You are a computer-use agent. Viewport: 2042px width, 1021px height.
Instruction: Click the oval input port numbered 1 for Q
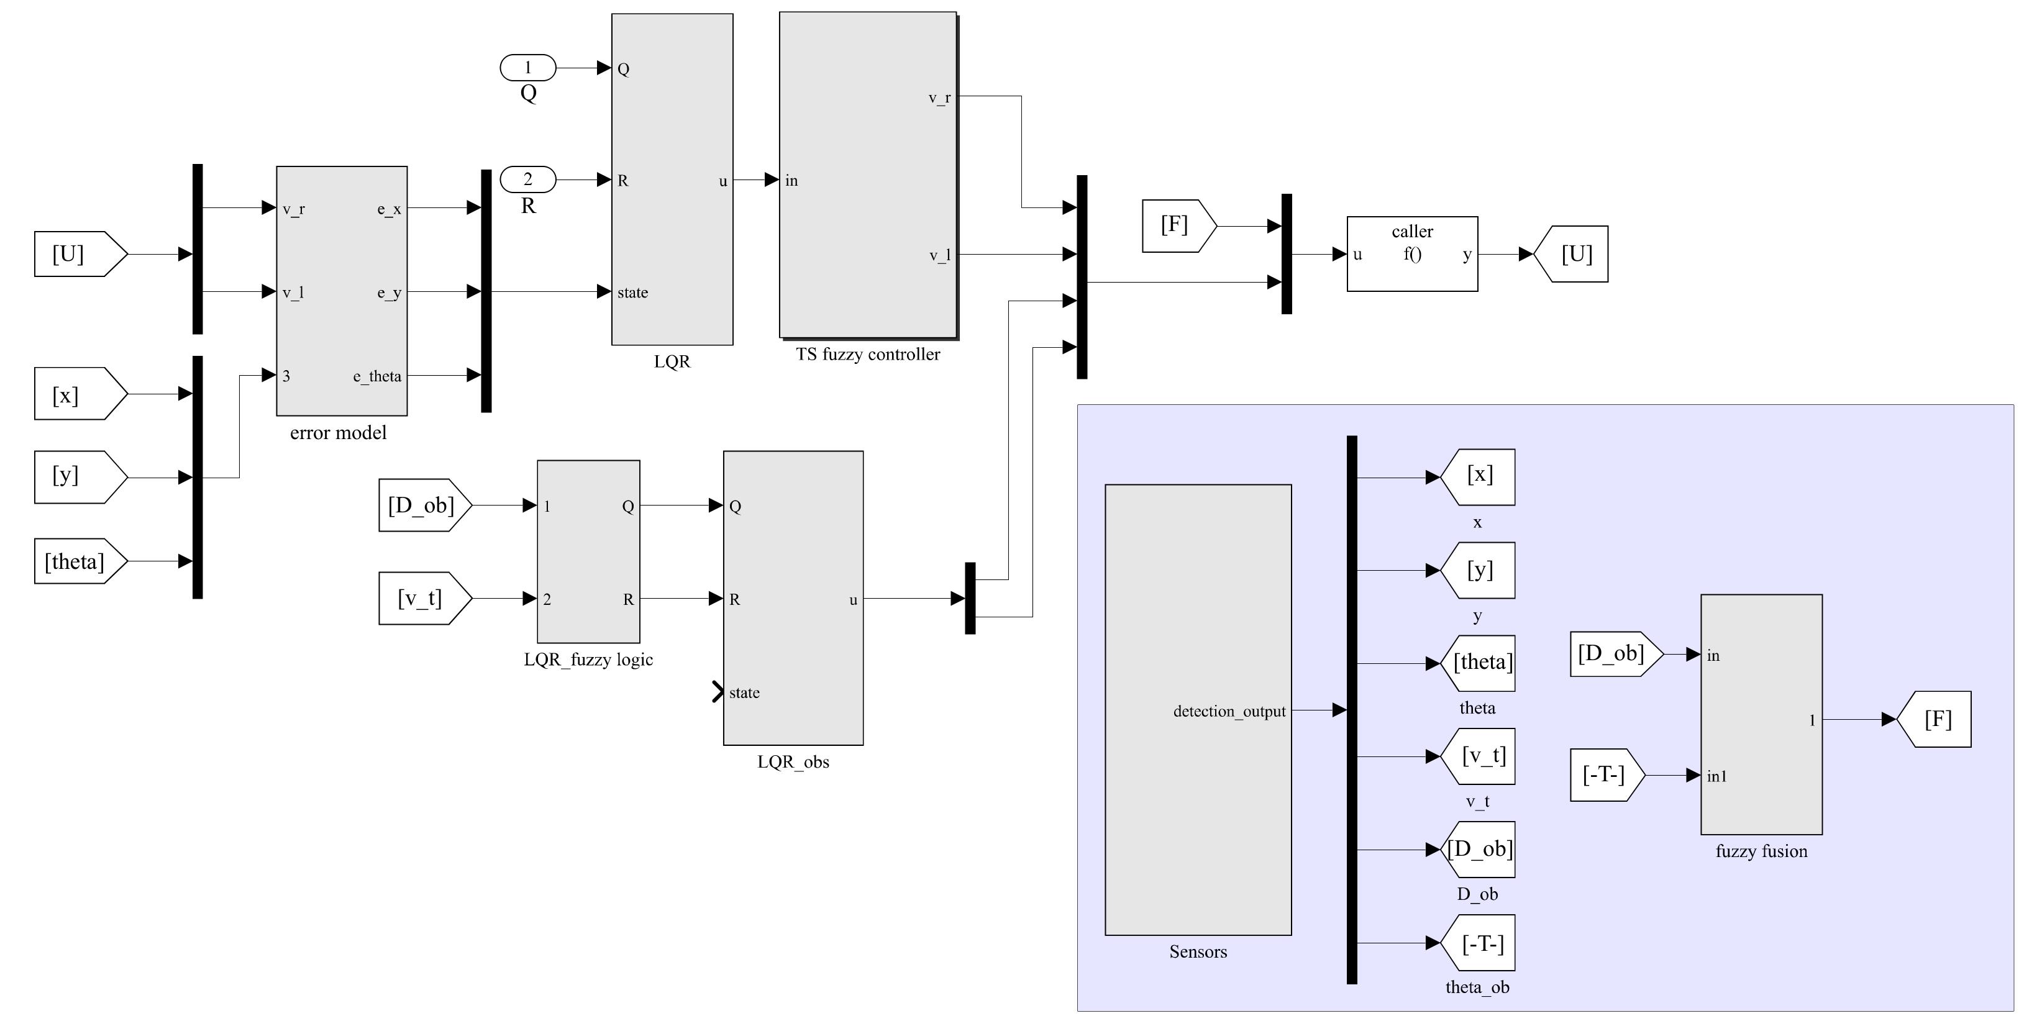click(528, 68)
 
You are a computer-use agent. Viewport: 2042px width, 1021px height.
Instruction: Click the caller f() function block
click(1412, 253)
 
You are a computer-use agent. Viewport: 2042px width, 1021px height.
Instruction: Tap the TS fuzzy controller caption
click(868, 355)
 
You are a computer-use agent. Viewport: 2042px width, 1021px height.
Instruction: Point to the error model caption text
click(339, 433)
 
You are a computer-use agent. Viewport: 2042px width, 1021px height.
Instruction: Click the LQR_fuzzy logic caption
click(588, 660)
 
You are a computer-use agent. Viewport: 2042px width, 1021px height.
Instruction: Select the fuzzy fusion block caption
click(1761, 851)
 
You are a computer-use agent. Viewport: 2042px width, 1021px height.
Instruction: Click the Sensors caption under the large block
click(1198, 952)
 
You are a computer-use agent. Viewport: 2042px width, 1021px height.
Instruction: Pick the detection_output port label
click(1229, 711)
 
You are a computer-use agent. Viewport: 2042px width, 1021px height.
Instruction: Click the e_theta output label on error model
click(377, 376)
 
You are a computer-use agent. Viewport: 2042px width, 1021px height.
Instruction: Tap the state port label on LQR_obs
click(744, 693)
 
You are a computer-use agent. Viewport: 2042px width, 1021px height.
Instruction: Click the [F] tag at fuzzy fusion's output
click(1936, 720)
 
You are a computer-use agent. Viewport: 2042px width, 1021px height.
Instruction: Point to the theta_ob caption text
click(1477, 987)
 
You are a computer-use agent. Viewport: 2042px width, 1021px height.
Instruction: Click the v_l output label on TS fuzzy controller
click(939, 256)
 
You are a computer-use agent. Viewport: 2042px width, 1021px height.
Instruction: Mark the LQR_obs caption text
click(793, 763)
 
